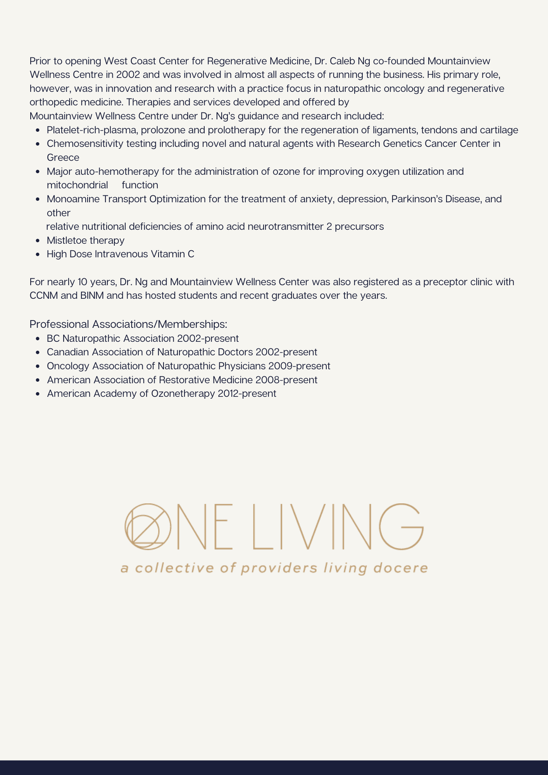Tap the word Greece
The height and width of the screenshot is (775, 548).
tap(63, 158)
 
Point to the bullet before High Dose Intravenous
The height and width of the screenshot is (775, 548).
tap(38, 255)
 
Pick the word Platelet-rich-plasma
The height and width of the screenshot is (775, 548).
tap(91, 130)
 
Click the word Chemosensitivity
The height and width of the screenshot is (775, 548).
tap(85, 144)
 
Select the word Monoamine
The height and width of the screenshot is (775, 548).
tap(73, 199)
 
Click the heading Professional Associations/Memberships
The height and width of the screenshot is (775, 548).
tap(128, 324)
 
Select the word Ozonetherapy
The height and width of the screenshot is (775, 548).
tap(183, 394)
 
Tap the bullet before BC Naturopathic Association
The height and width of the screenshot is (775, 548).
tap(38, 339)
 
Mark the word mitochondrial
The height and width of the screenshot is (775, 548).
tap(78, 185)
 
